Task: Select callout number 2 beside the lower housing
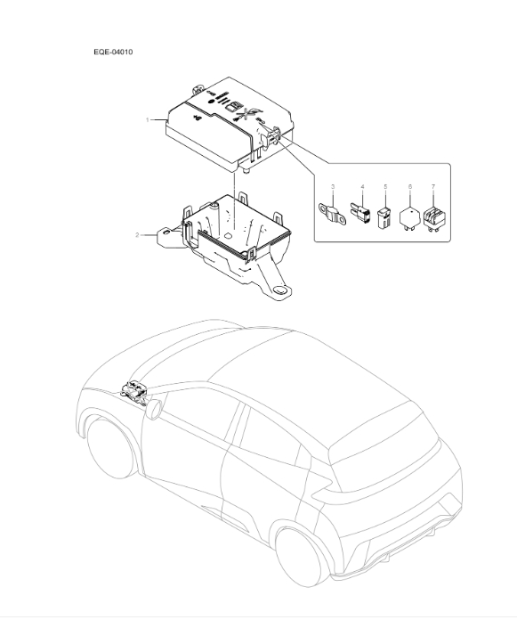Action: [x=137, y=235]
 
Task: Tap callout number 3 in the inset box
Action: [x=332, y=187]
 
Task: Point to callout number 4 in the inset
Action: [x=362, y=187]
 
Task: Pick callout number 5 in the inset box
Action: [x=385, y=187]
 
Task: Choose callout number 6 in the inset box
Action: [x=409, y=187]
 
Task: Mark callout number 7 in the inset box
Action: [x=432, y=187]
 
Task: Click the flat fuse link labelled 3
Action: [x=334, y=214]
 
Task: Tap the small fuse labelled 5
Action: [x=385, y=217]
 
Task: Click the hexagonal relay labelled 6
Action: [x=409, y=216]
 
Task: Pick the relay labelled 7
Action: [x=433, y=216]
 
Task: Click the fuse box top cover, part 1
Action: [x=214, y=125]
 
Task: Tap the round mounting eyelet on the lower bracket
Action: [x=282, y=290]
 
